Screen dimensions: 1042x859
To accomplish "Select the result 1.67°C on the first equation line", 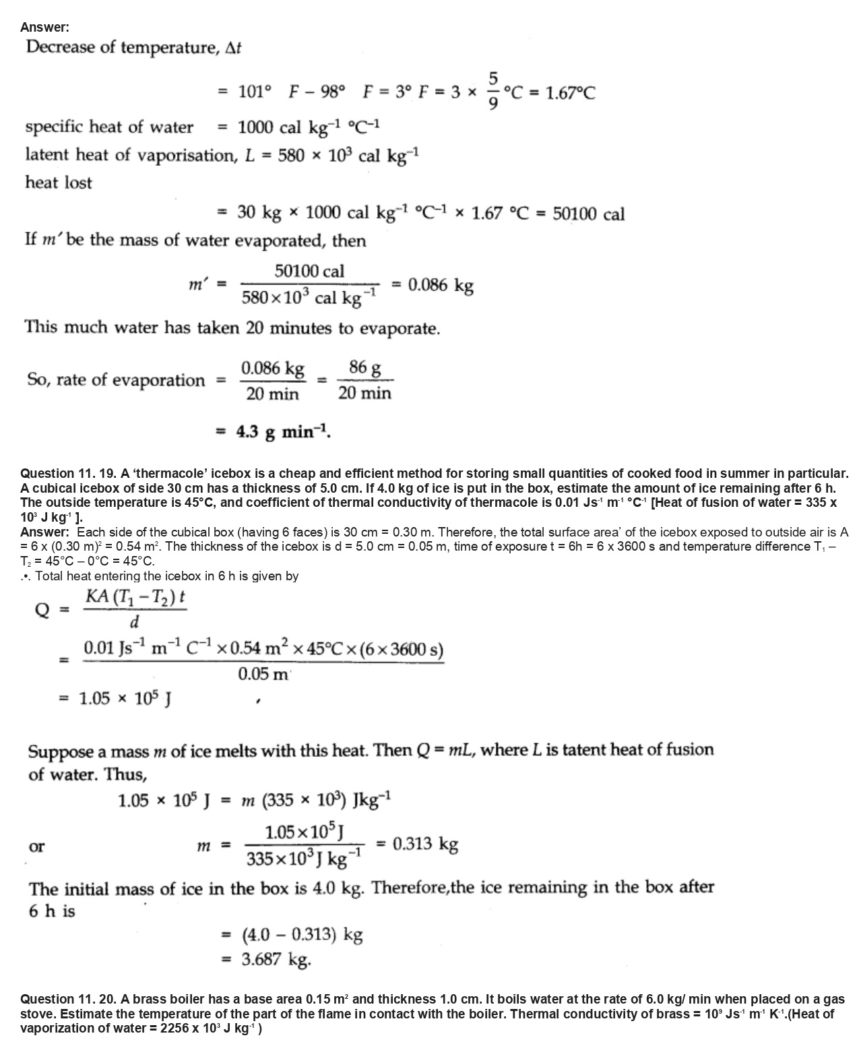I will pos(570,92).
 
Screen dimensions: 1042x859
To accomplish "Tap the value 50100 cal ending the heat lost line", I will pos(588,214).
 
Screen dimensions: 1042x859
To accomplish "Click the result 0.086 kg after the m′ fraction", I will pos(441,285).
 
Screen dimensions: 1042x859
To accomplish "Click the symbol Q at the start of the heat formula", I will pos(42,610).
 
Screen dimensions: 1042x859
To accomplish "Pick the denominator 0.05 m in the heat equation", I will pos(264,673).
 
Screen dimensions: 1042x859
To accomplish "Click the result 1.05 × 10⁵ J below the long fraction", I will pos(125,698).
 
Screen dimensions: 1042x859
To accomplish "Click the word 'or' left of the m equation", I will pos(36,847).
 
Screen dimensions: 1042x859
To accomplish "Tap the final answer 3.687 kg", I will pos(276,959).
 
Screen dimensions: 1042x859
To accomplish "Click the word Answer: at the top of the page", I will pos(44,27).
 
